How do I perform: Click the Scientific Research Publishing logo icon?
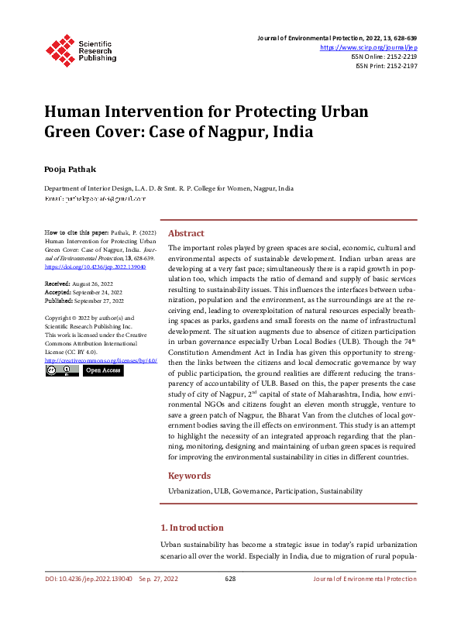(x=60, y=48)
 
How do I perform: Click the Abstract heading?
(x=186, y=233)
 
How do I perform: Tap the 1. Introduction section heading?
(x=197, y=528)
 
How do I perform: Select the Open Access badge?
(x=103, y=371)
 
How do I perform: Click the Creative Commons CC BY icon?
(x=61, y=371)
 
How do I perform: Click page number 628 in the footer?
(x=230, y=579)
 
